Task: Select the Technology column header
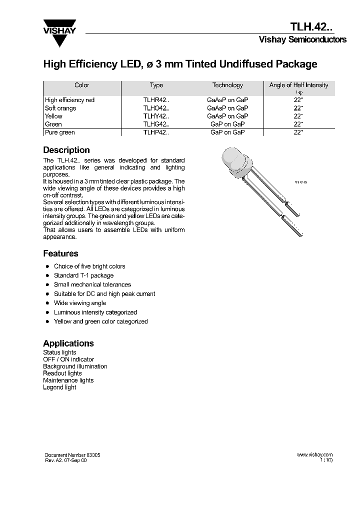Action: [x=227, y=85]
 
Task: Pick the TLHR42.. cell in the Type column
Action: [x=156, y=100]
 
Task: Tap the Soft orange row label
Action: [x=60, y=108]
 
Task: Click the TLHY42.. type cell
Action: [x=156, y=116]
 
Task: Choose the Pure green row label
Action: [x=59, y=132]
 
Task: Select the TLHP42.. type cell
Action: [x=156, y=132]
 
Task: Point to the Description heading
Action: [x=66, y=150]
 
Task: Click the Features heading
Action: [x=60, y=253]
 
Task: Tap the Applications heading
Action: [x=68, y=343]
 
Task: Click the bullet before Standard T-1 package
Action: [x=47, y=275]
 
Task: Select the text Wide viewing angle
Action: [x=80, y=303]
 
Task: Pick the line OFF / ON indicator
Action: [x=68, y=359]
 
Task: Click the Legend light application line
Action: [x=59, y=387]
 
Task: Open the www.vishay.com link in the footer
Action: [x=314, y=455]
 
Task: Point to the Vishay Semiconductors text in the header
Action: [x=302, y=40]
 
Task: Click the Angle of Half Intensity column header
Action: [x=298, y=85]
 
